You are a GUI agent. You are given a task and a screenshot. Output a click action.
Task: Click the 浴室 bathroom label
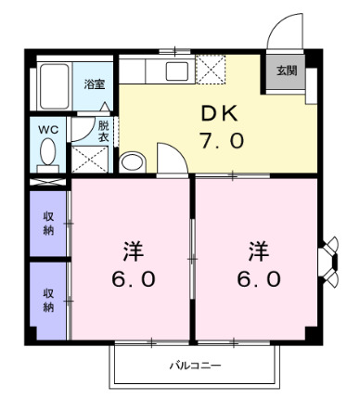[x=95, y=84]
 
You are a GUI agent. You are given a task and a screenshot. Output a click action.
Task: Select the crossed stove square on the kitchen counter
[x=211, y=70]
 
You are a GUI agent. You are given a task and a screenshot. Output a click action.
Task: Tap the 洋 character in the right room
[x=257, y=250]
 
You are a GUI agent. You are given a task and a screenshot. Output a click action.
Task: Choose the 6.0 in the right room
[x=257, y=278]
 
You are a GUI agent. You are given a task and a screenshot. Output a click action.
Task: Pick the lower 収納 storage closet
[x=48, y=301]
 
